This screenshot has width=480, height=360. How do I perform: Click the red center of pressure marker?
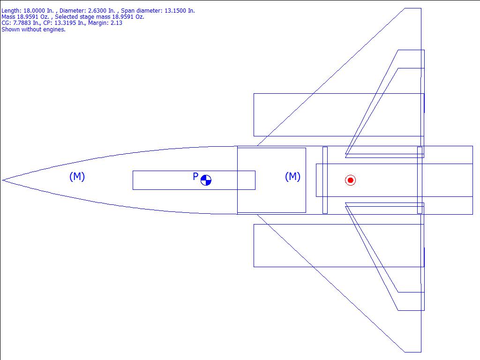pyautogui.click(x=350, y=180)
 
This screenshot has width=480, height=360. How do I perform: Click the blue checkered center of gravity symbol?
pyautogui.click(x=206, y=180)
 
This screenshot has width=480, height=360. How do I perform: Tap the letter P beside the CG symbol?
pyautogui.click(x=195, y=177)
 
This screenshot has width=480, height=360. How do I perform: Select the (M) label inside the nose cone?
pyautogui.click(x=77, y=176)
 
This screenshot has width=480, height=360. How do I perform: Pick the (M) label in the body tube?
pyautogui.click(x=292, y=176)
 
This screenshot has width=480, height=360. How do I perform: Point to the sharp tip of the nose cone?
pyautogui.click(x=3, y=180)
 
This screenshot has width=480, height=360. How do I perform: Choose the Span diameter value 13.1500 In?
pyautogui.click(x=180, y=10)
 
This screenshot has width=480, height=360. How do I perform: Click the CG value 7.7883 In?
pyautogui.click(x=25, y=22)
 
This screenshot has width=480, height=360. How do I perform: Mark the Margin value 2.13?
pyautogui.click(x=116, y=22)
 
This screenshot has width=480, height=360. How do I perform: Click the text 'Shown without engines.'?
pyautogui.click(x=33, y=29)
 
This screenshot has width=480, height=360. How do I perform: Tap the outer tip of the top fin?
pyautogui.click(x=413, y=8)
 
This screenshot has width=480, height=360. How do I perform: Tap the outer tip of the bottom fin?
pyautogui.click(x=413, y=352)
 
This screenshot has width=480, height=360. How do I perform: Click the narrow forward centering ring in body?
pyautogui.click(x=325, y=180)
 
